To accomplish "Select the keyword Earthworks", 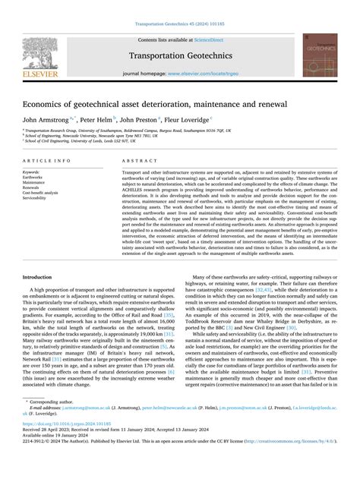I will click(34, 178).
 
